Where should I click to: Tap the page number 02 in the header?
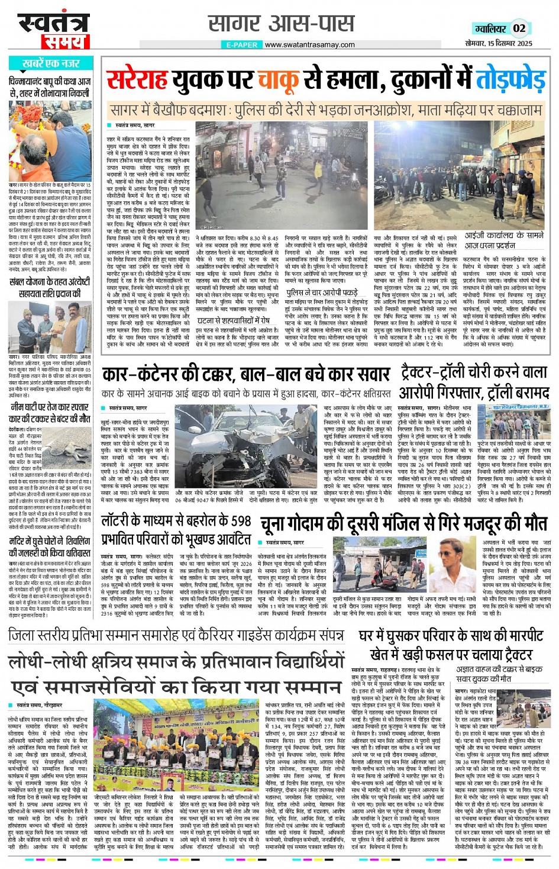(x=519, y=28)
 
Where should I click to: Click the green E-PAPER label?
(x=242, y=44)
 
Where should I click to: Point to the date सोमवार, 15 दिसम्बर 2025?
(x=498, y=43)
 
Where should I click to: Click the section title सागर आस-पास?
(x=281, y=24)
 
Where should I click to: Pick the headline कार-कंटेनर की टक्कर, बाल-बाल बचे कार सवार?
(x=245, y=375)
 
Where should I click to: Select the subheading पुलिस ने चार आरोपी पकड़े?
(x=322, y=292)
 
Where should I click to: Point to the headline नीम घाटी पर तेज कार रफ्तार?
(x=50, y=412)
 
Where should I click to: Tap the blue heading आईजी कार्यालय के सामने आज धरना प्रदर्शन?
(x=503, y=240)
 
